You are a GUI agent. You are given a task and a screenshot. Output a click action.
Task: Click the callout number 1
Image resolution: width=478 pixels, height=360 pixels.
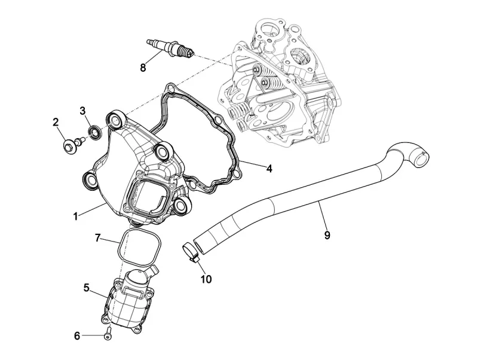click(x=76, y=216)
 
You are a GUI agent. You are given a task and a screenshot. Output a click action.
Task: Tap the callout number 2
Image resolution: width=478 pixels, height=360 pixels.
click(x=56, y=123)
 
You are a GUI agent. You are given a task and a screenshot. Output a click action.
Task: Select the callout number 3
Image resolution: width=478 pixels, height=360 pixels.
click(x=84, y=111)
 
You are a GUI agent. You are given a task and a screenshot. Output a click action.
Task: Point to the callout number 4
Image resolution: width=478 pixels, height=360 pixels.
click(x=269, y=169)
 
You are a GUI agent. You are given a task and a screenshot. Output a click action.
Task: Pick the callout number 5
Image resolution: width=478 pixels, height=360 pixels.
click(x=87, y=288)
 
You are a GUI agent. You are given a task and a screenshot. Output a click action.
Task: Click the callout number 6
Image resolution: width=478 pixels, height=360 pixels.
click(x=76, y=336)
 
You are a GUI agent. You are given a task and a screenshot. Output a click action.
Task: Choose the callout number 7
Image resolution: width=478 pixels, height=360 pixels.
click(x=98, y=239)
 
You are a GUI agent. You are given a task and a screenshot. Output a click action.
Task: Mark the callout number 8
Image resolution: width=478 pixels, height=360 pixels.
click(x=143, y=68)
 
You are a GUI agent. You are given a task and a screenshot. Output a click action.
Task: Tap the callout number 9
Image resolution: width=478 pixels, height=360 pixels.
click(x=327, y=235)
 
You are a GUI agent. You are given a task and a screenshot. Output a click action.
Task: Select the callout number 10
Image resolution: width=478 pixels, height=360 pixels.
click(x=206, y=279)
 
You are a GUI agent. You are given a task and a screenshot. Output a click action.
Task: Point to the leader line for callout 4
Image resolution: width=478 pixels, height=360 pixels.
click(x=251, y=165)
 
